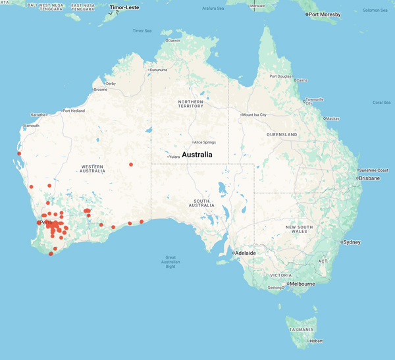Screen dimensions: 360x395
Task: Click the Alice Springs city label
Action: pyautogui.click(x=205, y=142)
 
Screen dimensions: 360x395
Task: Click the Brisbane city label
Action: pyautogui.click(x=369, y=178)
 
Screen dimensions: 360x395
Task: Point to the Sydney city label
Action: pyautogui.click(x=351, y=242)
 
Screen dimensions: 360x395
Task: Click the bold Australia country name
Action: pyautogui.click(x=197, y=155)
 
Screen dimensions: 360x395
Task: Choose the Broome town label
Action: pyautogui.click(x=101, y=90)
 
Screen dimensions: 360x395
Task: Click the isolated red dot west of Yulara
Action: pyautogui.click(x=131, y=164)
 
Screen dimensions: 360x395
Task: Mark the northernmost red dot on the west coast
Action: pyautogui.click(x=19, y=154)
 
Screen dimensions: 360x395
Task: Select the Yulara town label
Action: pyautogui.click(x=174, y=157)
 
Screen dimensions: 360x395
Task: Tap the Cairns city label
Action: pyautogui.click(x=302, y=80)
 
